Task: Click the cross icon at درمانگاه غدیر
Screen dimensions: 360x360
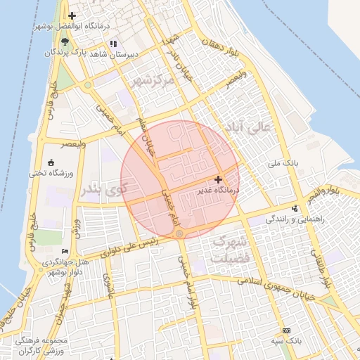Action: [x=218, y=180]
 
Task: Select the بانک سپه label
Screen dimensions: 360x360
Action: [x=286, y=340]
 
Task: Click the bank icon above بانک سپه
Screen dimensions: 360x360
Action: [x=286, y=330]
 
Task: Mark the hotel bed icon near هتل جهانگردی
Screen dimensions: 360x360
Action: [x=65, y=251]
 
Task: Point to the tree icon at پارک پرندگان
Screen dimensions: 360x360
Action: [x=65, y=44]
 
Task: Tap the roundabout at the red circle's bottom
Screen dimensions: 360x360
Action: [x=180, y=233]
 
